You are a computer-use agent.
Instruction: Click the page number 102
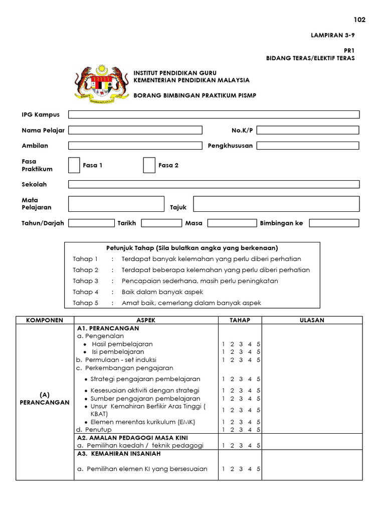coord(359,20)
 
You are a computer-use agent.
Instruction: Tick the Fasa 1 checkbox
coord(74,165)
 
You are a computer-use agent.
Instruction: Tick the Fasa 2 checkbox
coord(149,165)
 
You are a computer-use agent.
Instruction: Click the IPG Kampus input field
coord(214,114)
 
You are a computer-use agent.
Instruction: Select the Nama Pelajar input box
coord(135,130)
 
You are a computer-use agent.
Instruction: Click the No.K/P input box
coord(308,130)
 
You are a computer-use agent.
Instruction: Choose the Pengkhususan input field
coord(308,146)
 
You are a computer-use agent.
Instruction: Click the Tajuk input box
coord(276,204)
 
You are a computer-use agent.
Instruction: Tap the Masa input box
coord(232,223)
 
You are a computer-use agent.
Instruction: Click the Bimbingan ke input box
coord(334,223)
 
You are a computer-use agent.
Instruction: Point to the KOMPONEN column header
coord(45,320)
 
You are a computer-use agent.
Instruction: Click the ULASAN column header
coord(312,320)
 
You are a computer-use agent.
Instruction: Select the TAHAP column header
coord(240,320)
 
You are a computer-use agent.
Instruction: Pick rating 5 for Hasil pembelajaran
coord(258,344)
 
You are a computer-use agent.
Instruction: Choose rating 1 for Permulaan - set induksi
coord(224,360)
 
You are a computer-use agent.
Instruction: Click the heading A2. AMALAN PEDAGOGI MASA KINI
coord(132,438)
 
